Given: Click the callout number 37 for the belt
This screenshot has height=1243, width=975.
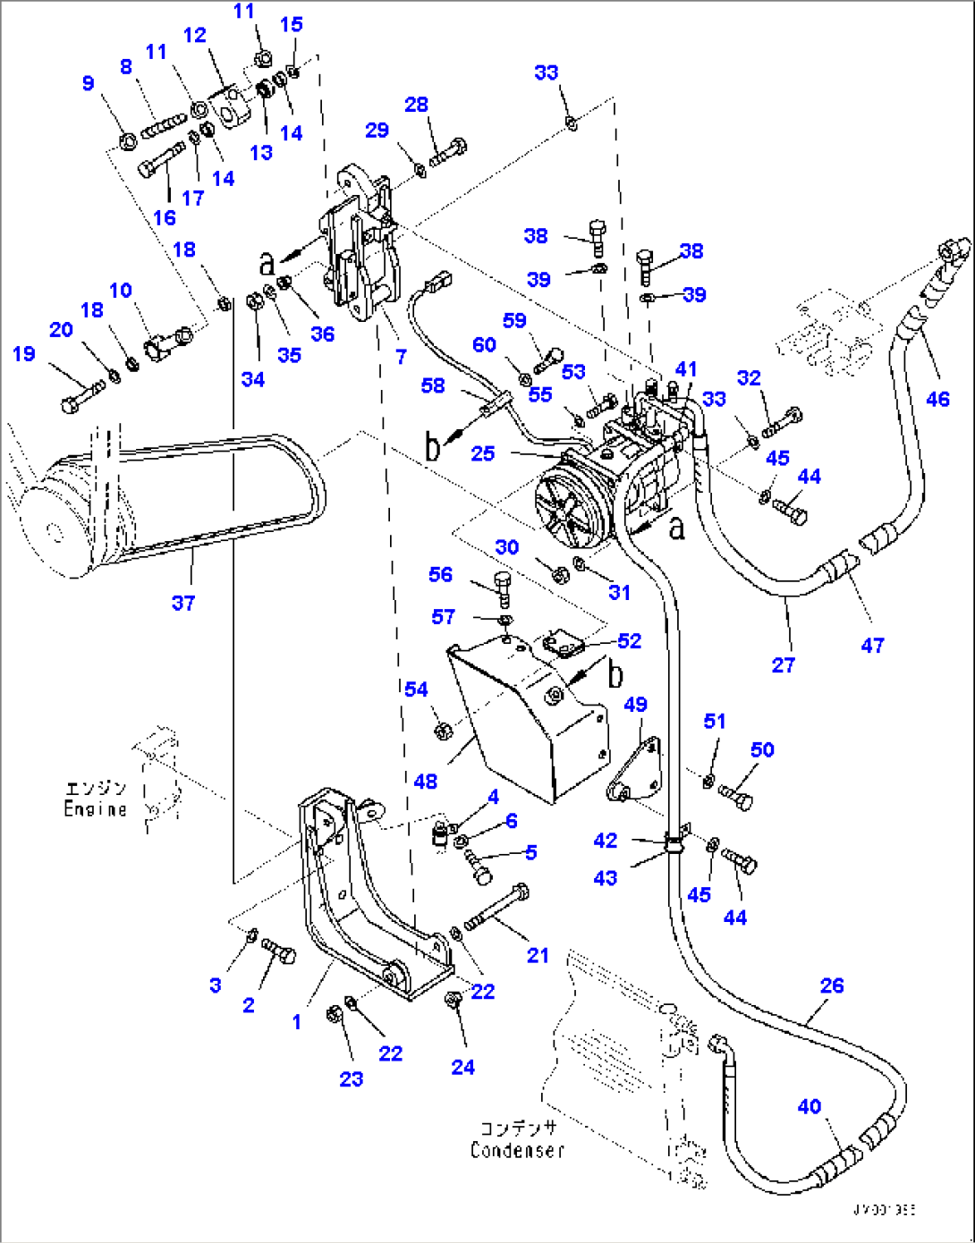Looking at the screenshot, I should (183, 604).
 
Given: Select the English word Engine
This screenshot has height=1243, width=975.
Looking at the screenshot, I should (95, 809).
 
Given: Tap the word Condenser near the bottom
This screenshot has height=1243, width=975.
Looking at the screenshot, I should (518, 1151).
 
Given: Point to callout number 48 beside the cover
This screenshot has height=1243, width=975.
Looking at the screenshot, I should (426, 781).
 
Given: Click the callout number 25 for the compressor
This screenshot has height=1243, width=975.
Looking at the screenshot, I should (483, 453).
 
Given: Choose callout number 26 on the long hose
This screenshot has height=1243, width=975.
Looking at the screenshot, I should (832, 985).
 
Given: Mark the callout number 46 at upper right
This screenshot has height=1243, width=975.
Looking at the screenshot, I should (937, 400).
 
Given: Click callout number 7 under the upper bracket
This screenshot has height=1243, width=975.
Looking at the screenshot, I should (401, 357).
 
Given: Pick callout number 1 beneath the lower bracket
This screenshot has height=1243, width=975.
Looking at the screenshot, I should (296, 1021).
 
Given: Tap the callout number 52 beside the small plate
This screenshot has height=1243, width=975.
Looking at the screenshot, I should (630, 641).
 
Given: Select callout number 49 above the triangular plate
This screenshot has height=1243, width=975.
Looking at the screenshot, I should (635, 705).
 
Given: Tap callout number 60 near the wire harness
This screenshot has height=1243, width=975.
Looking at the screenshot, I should (484, 345).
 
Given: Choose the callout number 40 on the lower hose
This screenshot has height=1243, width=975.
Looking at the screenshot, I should (810, 1107).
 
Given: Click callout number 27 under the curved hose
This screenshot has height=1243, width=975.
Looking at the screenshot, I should (784, 665).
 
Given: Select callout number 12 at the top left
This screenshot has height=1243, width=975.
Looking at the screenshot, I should (195, 35).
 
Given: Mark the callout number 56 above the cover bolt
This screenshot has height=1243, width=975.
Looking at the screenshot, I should (441, 575).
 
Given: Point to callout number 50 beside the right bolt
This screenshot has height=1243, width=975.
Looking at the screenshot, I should (762, 750).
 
